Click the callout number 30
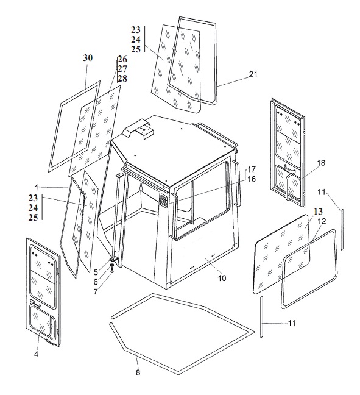click(x=88, y=58)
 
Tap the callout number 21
click(x=253, y=74)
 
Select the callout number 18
click(x=321, y=163)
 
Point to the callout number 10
click(x=222, y=278)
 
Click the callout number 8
click(x=138, y=372)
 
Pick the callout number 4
click(x=37, y=354)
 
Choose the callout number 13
click(x=318, y=211)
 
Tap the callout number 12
click(x=322, y=221)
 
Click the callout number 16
click(x=251, y=179)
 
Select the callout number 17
click(x=251, y=169)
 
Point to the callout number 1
click(x=37, y=188)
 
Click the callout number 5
click(x=96, y=272)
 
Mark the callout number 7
click(x=96, y=292)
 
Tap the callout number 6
click(x=96, y=282)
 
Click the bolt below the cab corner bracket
click(x=112, y=269)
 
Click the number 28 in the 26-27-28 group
click(x=122, y=79)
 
